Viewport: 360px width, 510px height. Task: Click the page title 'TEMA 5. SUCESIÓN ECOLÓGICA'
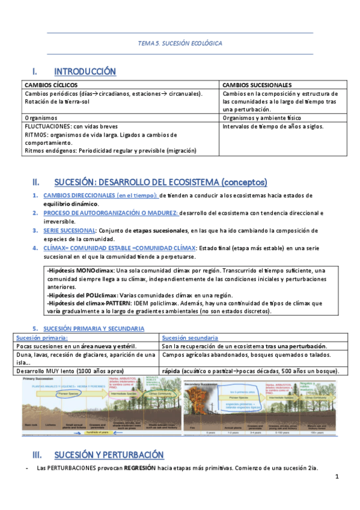[180, 44]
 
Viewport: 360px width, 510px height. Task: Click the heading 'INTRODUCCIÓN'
[85, 72]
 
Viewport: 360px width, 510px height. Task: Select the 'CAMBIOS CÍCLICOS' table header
[51, 85]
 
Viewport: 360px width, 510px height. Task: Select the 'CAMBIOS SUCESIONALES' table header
[257, 85]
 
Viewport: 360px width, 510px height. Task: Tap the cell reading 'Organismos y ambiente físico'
[262, 118]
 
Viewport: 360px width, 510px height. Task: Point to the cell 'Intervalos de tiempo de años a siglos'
[272, 127]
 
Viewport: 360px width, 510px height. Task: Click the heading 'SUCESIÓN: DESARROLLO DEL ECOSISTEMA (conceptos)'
[160, 182]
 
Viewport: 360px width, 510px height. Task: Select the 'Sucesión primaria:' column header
[41, 338]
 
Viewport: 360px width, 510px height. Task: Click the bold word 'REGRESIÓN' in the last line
[140, 468]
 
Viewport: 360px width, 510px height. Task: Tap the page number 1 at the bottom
[337, 477]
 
